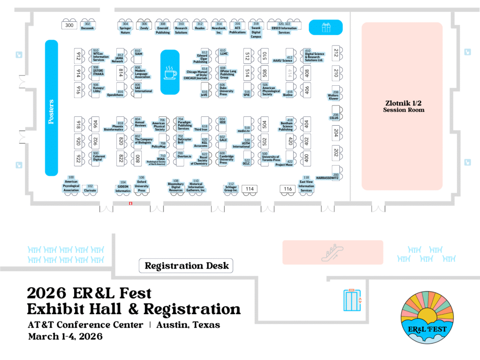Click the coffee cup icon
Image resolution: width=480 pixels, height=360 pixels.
click(170, 72)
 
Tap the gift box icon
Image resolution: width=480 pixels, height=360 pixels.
click(326, 28)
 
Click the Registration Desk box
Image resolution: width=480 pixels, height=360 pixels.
click(187, 266)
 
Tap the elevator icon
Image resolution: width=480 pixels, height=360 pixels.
click(352, 300)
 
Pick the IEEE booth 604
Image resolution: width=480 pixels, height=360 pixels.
click(223, 121)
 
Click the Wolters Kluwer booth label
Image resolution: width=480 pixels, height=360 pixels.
click(334, 96)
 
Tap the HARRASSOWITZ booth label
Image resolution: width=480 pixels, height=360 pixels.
click(327, 178)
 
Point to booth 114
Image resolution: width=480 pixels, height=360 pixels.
click(250, 189)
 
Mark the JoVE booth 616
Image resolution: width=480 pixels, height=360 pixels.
click(204, 93)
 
